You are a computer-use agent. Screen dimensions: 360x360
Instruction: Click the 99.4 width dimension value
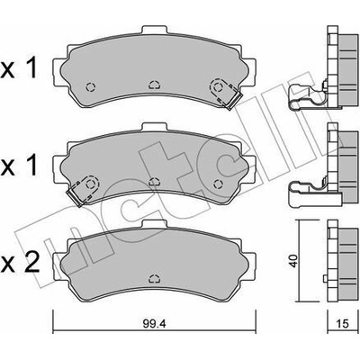click(x=154, y=324)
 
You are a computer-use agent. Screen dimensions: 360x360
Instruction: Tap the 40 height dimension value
click(x=293, y=261)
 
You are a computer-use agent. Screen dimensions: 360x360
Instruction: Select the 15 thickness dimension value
click(x=344, y=324)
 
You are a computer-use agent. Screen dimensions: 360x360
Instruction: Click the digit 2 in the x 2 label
click(x=31, y=262)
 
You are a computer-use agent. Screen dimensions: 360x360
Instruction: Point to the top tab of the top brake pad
click(x=154, y=31)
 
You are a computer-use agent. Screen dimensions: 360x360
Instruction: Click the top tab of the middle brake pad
click(x=154, y=127)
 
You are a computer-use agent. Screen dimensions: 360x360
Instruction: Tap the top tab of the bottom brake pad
click(x=154, y=224)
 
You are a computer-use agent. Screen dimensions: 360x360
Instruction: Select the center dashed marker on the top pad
click(x=154, y=85)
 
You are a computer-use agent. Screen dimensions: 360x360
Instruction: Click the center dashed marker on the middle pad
click(x=154, y=182)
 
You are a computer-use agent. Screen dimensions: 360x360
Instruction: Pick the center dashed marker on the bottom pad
click(x=154, y=278)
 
